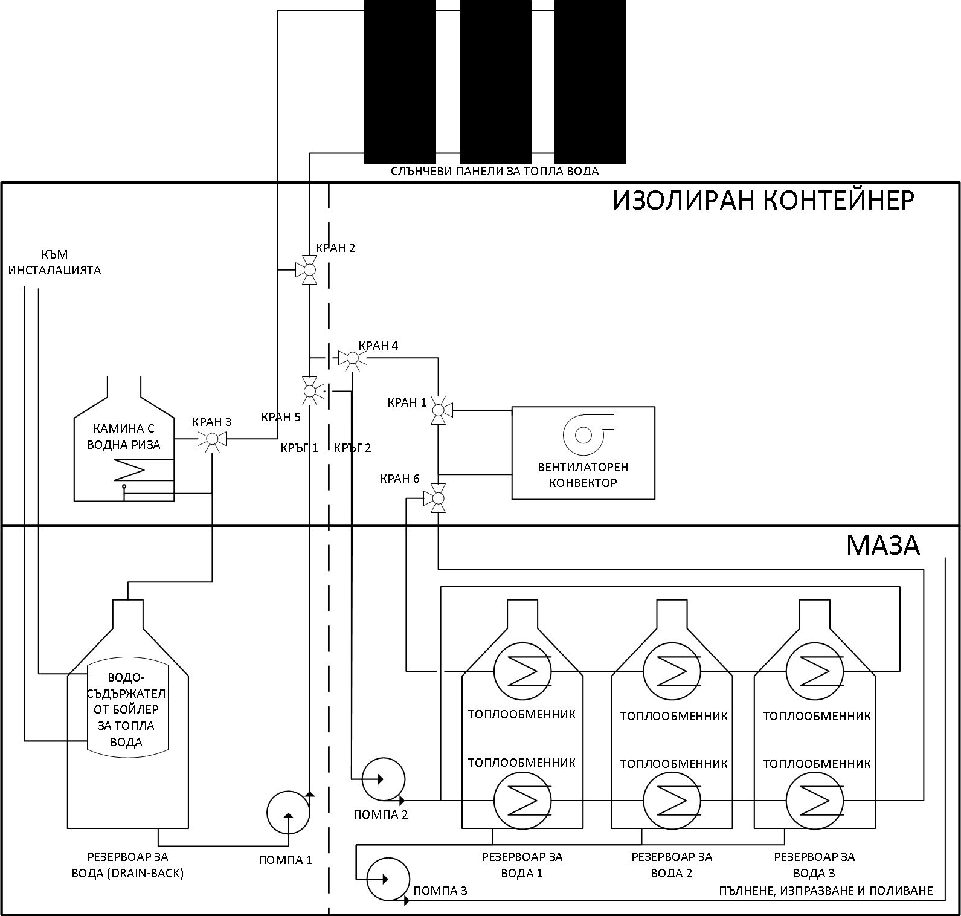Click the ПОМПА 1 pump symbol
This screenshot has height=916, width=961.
pyautogui.click(x=288, y=813)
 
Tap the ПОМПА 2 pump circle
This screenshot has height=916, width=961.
pyautogui.click(x=384, y=779)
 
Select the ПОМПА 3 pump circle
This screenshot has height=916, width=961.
pyautogui.click(x=388, y=879)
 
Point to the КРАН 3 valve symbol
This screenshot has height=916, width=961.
pyautogui.click(x=212, y=439)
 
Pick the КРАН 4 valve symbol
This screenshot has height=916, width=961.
pyautogui.click(x=353, y=359)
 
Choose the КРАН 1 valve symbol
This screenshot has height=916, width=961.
pyautogui.click(x=439, y=411)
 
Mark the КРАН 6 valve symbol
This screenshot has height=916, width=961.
pyautogui.click(x=439, y=498)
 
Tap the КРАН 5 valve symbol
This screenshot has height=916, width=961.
pyautogui.click(x=310, y=390)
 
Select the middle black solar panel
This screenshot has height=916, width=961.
pyautogui.click(x=495, y=82)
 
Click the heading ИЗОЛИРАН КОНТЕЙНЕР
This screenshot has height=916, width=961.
pyautogui.click(x=763, y=201)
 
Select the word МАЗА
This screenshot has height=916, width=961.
pyautogui.click(x=882, y=545)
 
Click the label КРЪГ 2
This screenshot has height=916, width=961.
pyautogui.click(x=352, y=448)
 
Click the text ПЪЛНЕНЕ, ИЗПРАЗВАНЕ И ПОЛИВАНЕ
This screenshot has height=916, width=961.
pyautogui.click(x=826, y=891)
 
